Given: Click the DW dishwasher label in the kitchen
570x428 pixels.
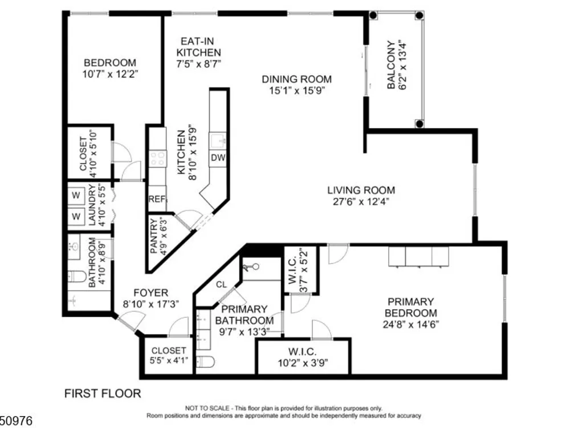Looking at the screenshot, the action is (218, 158).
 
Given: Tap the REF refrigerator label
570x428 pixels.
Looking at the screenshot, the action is (157, 199).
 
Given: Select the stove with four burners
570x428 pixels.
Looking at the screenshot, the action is (158, 159).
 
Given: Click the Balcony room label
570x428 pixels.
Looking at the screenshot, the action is (391, 65).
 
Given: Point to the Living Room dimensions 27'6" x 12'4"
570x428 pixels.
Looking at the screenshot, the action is (361, 201).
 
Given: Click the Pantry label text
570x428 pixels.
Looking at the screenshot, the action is (154, 236).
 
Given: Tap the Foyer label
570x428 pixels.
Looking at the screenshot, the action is (151, 293).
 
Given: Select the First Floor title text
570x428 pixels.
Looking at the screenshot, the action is (103, 393).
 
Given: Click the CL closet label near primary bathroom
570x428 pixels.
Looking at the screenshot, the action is (221, 284).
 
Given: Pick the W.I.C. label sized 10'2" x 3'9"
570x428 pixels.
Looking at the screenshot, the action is (303, 352).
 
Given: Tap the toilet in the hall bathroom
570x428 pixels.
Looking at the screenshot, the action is (77, 277).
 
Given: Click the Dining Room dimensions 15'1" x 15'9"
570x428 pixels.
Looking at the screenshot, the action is (296, 90).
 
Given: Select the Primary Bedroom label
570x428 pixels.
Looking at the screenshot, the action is (411, 307).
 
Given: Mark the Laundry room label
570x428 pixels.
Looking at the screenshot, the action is (92, 205).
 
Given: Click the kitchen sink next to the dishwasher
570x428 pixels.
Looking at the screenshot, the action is (218, 141).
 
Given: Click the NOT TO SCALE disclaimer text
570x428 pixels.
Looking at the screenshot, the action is (283, 409).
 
